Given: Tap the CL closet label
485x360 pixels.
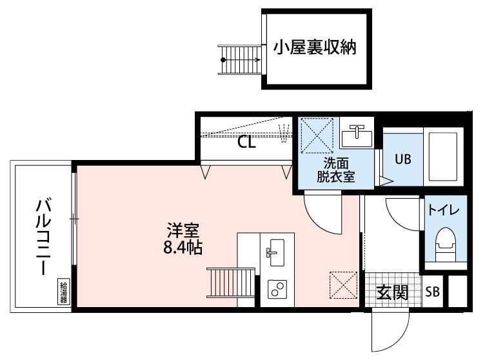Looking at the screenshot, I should click(x=247, y=143).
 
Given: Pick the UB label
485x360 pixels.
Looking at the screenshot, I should click(x=403, y=159).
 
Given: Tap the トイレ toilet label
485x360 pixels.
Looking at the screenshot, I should click(x=444, y=211).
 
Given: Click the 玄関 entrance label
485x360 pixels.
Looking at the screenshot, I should click(x=392, y=293).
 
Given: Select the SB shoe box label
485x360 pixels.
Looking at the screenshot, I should click(x=432, y=293).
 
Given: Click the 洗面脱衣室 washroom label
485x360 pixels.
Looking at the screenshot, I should click(x=335, y=170).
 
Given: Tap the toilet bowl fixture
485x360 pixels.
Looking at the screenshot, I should click(x=444, y=244).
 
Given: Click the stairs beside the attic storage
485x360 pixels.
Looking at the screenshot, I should click(x=239, y=59).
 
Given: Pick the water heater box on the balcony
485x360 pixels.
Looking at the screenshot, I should click(x=64, y=292).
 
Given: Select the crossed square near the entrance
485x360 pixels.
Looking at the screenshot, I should click(x=343, y=285).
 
